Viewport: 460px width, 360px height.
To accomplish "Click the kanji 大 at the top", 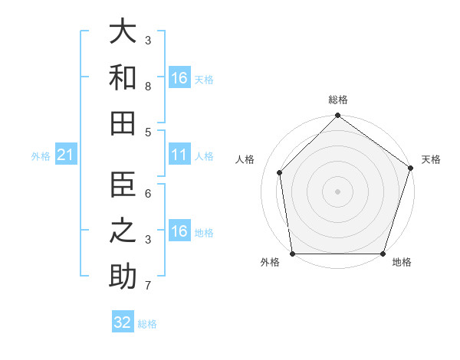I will (x=123, y=32).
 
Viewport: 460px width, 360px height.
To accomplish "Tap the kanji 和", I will (x=123, y=77).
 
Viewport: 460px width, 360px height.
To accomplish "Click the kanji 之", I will (x=123, y=231).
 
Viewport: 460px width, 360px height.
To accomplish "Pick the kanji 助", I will (x=123, y=276).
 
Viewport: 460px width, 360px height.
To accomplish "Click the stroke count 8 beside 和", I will (x=147, y=87).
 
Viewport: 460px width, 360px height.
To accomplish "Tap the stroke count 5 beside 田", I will (x=147, y=132).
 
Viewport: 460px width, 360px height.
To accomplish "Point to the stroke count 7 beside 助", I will (x=147, y=286).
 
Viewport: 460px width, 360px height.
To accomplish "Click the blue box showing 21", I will (x=65, y=155).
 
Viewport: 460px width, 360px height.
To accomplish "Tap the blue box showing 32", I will (x=123, y=322).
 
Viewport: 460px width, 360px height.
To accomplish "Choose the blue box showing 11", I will (x=179, y=155).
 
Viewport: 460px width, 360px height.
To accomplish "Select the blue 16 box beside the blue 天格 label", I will (x=179, y=78).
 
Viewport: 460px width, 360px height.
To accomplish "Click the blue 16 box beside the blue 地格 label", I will (x=179, y=232).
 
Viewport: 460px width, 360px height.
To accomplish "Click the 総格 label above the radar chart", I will (x=337, y=100).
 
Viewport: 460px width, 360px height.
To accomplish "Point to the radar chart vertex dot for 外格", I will (x=292, y=254).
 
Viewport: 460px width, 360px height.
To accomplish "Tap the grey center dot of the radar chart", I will (x=337, y=191).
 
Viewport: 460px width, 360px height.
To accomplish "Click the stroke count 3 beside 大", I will (x=147, y=39).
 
